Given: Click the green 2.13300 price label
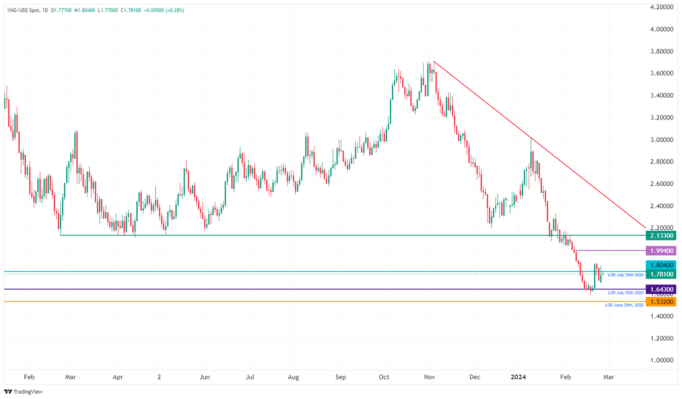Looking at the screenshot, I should click(661, 235).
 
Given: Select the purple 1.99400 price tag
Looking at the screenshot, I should click(661, 251).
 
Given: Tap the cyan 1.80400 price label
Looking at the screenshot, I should click(661, 265).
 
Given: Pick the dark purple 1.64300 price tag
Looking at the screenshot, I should click(661, 289).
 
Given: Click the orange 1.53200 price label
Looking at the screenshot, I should click(661, 302).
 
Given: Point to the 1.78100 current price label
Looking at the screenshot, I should click(661, 275).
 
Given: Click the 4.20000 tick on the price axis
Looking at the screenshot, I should click(661, 7).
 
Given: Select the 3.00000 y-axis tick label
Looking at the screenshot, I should click(661, 140).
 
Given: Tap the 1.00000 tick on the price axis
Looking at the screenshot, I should click(661, 360).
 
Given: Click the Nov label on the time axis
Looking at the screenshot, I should click(429, 377).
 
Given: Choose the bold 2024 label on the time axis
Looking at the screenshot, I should click(518, 377).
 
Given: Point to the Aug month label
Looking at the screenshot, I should click(293, 377).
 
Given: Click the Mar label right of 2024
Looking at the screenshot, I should click(609, 377).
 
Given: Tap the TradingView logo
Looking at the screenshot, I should click(23, 391).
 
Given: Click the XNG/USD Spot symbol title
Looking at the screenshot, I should click(23, 10).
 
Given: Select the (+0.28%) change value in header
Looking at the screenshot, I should click(174, 10).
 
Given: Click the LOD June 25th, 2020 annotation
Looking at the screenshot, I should click(624, 305).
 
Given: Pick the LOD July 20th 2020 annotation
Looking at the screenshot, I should click(625, 293).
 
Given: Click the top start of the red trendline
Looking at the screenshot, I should click(433, 61).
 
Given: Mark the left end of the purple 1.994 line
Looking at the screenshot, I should click(576, 251).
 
